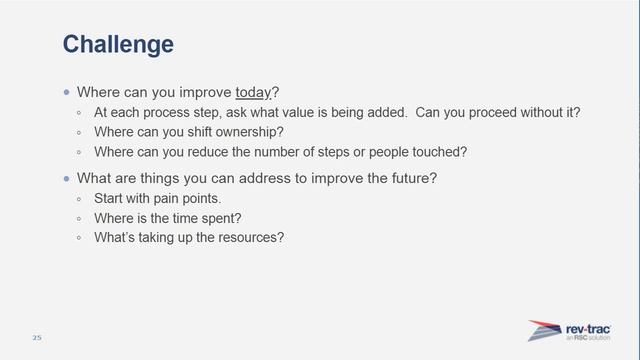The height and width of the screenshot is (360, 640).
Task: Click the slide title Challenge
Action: [118, 44]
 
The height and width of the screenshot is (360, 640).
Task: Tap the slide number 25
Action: [37, 336]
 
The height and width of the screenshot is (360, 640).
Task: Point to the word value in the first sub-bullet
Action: [328, 112]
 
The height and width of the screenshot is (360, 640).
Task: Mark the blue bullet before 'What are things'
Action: [67, 178]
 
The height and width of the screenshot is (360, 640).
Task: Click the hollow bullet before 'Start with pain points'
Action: [82, 198]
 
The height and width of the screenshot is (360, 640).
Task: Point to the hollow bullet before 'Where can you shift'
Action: [82, 132]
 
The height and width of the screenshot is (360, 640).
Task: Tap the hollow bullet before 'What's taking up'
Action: [82, 238]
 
